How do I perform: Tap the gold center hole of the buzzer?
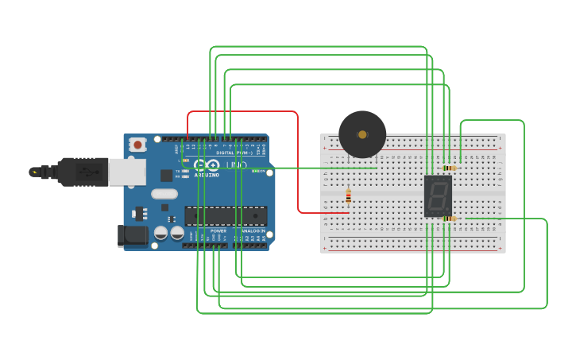click(362, 134)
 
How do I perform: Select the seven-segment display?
click(438, 195)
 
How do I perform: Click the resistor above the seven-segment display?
click(450, 168)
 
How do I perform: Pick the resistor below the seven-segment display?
click(450, 219)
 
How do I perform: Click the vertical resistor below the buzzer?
click(348, 196)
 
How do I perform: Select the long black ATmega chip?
click(226, 215)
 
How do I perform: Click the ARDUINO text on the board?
click(207, 174)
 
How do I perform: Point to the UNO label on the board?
click(237, 165)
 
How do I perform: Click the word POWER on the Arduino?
click(218, 230)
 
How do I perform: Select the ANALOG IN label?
click(253, 230)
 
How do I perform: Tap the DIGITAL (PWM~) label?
click(236, 153)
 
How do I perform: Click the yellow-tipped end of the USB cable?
click(34, 172)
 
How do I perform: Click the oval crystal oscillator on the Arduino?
click(164, 194)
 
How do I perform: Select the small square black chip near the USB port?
click(167, 176)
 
